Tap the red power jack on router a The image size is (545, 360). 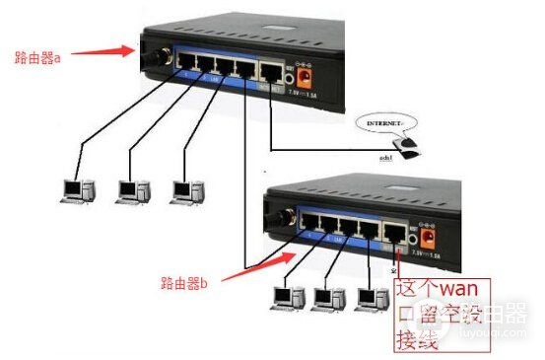tap(305, 74)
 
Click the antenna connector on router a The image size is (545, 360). tap(155, 57)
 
